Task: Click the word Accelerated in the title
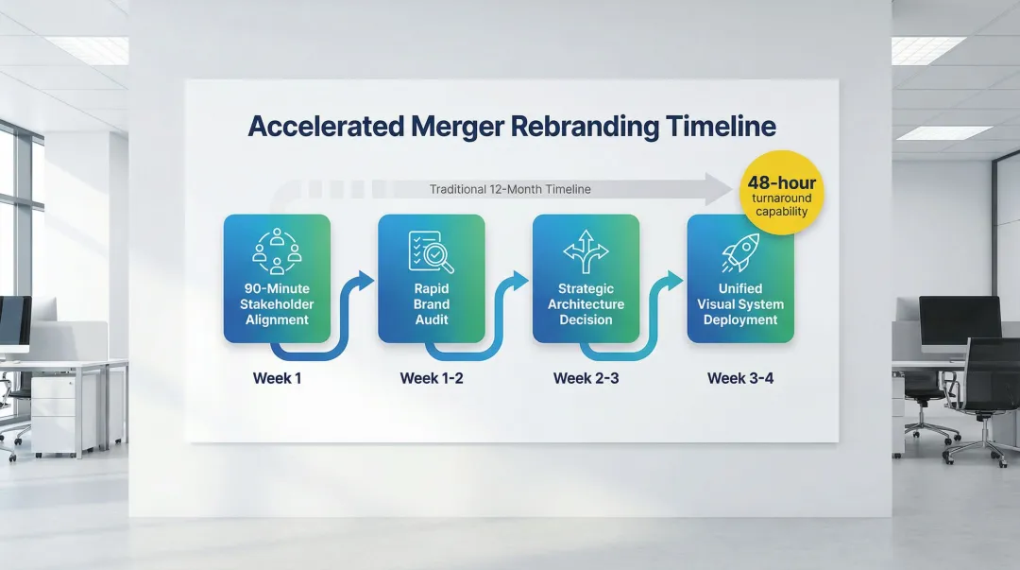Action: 326,127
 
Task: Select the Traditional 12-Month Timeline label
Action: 510,190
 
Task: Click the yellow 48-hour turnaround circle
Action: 782,193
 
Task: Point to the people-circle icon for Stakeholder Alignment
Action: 277,250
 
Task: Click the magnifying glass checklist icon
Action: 432,251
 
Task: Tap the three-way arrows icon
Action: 586,251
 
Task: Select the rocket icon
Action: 740,252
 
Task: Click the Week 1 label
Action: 277,378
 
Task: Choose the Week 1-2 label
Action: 432,378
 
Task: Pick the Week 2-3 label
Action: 586,378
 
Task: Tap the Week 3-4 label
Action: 740,378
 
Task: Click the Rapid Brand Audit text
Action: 432,304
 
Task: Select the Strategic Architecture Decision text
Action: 586,304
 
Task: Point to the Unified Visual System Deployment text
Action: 740,304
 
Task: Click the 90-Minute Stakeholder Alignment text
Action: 277,304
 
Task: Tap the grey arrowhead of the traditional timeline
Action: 720,190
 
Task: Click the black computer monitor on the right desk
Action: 960,318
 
